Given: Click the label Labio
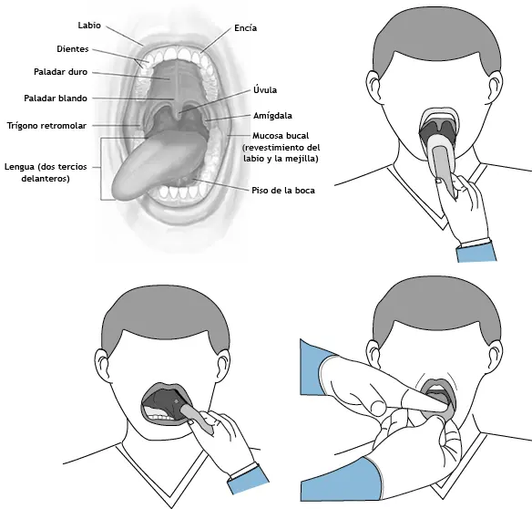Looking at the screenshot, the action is [x=89, y=26].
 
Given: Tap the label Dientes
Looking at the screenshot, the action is [x=73, y=49].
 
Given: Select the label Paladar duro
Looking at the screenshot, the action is [x=61, y=72].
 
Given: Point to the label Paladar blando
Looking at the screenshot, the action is [x=56, y=99].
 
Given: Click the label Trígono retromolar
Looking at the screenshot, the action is [x=46, y=126].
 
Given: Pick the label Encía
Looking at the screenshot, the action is [x=246, y=28].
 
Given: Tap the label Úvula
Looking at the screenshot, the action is [x=265, y=90].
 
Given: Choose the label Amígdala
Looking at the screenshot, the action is [x=272, y=116].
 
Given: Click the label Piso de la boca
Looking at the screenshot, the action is [x=283, y=191].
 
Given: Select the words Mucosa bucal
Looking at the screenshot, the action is [x=281, y=136].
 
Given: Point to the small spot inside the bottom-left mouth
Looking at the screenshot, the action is [x=176, y=401].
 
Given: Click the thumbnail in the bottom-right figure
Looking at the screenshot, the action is [x=377, y=407].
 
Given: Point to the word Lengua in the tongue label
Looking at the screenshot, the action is [x=19, y=167].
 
